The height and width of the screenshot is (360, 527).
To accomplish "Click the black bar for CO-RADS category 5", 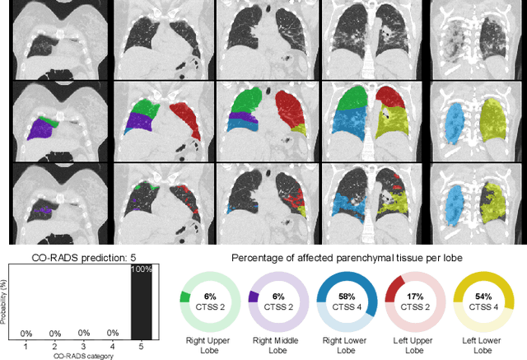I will click(141, 313).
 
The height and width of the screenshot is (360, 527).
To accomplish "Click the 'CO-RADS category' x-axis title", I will click(82, 355).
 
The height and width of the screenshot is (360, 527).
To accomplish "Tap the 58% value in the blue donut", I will click(347, 295).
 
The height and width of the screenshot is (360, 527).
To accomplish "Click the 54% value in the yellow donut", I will click(483, 295).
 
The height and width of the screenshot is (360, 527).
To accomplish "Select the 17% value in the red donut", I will click(415, 295).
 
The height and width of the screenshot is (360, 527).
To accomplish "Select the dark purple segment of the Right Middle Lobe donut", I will click(254, 296).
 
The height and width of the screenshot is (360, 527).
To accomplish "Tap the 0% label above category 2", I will click(54, 333).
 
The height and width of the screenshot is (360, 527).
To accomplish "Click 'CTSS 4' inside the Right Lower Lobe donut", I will click(347, 306).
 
